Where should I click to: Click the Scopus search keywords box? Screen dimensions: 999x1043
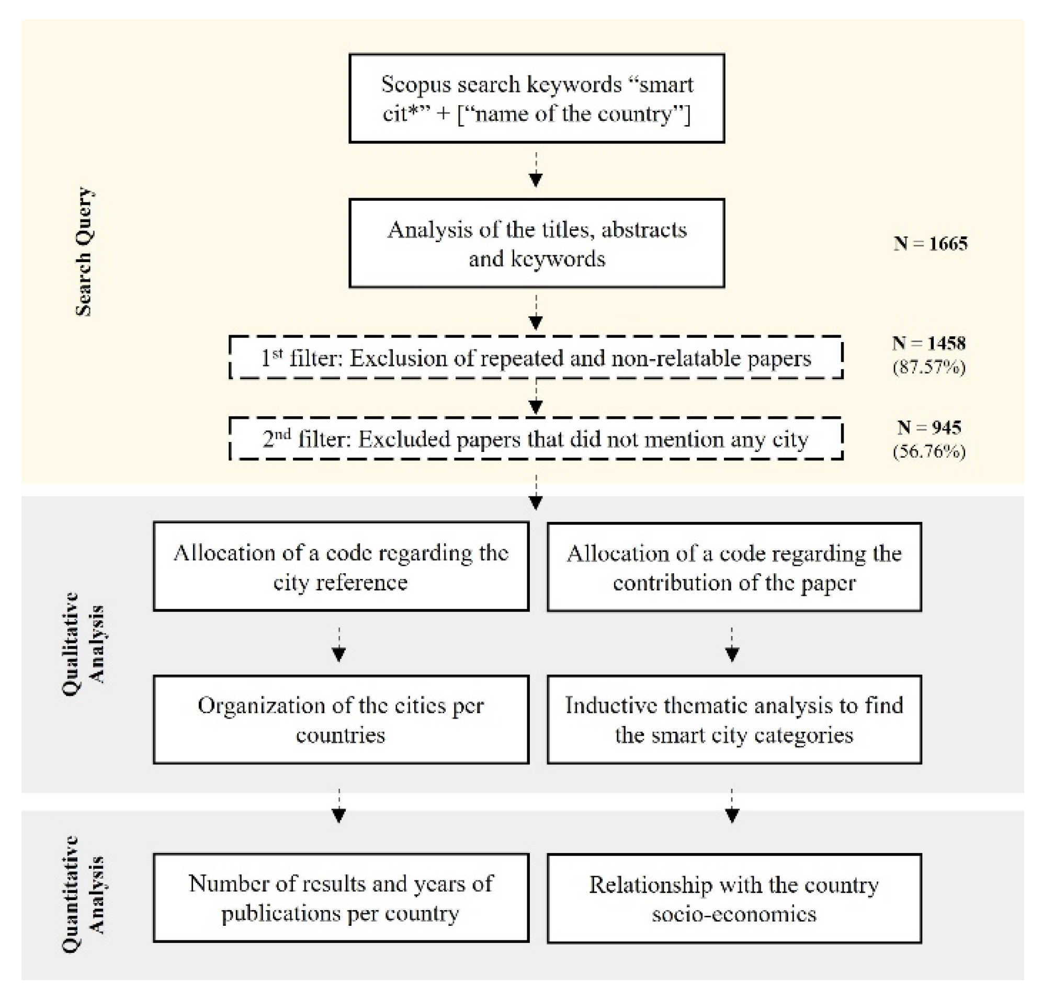(536, 98)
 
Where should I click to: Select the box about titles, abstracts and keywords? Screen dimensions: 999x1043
(536, 243)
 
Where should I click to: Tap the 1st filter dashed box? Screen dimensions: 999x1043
(536, 358)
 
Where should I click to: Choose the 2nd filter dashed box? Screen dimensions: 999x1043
(536, 439)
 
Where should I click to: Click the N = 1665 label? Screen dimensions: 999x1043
(930, 243)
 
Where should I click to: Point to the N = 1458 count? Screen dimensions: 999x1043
(929, 343)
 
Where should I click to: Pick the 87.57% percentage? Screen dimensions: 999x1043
(929, 367)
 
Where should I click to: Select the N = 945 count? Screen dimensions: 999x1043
(929, 427)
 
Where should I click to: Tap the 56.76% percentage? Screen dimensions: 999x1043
(929, 451)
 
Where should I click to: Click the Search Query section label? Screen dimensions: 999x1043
(84, 252)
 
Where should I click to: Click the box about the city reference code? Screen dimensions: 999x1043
(341, 567)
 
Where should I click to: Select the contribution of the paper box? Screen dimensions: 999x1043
(734, 567)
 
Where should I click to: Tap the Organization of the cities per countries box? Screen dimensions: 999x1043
(341, 720)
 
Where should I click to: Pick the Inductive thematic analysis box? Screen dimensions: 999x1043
(734, 720)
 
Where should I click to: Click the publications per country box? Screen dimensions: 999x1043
(341, 898)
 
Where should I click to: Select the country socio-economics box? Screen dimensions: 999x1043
(734, 899)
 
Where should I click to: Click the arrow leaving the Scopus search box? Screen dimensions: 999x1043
(536, 171)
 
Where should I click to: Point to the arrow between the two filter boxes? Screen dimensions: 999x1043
(536, 398)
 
